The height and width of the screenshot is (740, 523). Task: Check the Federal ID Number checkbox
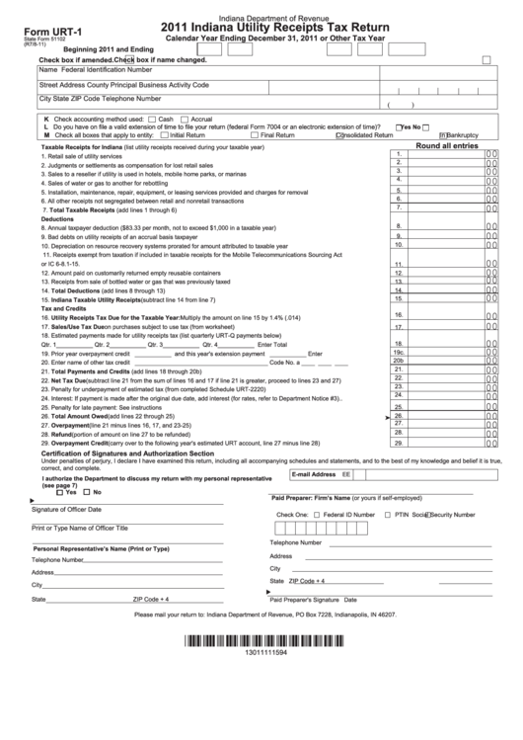(316, 515)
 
